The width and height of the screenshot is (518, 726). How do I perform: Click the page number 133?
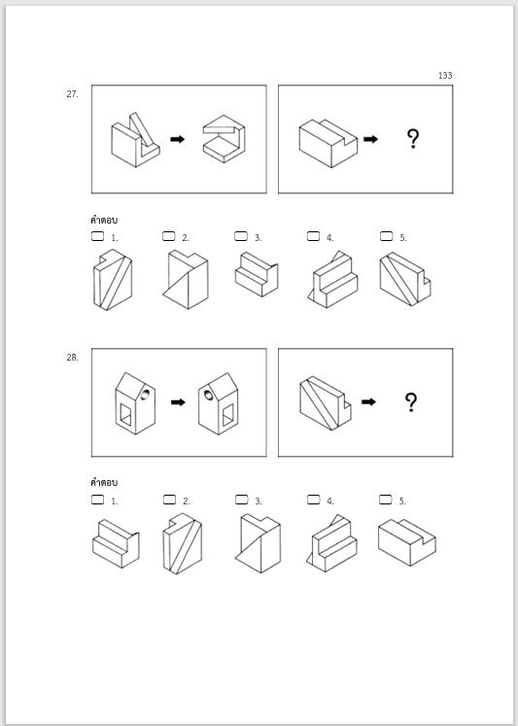[x=445, y=76]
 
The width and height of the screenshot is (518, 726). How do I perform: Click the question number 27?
[x=72, y=94]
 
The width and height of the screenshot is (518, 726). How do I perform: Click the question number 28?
[x=72, y=357]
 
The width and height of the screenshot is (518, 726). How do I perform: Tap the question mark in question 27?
[x=412, y=139]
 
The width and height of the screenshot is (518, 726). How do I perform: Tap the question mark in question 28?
[x=411, y=402]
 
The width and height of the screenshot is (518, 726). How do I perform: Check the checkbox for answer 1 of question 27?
[x=98, y=236]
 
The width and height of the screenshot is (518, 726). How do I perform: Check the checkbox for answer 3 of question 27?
[x=241, y=236]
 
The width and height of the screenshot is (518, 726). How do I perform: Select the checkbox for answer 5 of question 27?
[x=386, y=236]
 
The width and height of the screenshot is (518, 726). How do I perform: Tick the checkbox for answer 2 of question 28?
[x=169, y=500]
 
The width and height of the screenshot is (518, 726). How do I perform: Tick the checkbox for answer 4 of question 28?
[x=313, y=500]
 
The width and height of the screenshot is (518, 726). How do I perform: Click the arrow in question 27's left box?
[x=177, y=139]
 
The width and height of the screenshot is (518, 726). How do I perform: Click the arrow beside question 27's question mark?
[x=371, y=139]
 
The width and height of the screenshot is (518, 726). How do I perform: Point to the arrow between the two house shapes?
[x=178, y=402]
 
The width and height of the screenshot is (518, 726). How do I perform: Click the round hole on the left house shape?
[x=146, y=394]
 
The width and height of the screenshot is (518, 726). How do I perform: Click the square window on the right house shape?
[x=227, y=415]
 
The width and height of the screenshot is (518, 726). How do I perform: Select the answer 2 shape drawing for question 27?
[x=186, y=280]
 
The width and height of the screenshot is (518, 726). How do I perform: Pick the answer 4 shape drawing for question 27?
[x=332, y=279]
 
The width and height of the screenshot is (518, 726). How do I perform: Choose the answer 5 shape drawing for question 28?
[x=407, y=542]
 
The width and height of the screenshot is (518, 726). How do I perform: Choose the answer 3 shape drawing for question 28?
[x=258, y=543]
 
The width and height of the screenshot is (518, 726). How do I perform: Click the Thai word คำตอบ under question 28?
[x=104, y=482]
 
